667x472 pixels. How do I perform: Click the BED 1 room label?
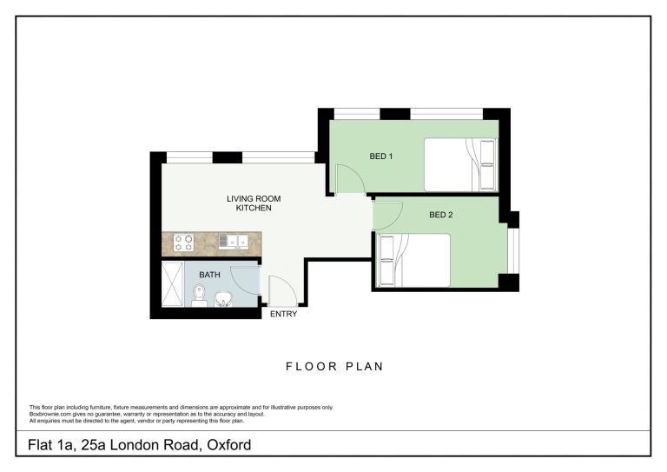pyautogui.click(x=380, y=156)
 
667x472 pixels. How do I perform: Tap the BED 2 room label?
pyautogui.click(x=440, y=215)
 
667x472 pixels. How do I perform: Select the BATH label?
pyautogui.click(x=209, y=275)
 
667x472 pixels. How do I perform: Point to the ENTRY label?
pyautogui.click(x=283, y=314)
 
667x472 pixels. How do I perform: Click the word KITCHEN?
pyautogui.click(x=254, y=208)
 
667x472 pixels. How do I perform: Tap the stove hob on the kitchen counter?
pyautogui.click(x=183, y=243)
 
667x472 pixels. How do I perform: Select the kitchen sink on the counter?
pyautogui.click(x=234, y=242)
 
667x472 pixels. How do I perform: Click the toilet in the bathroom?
pyautogui.click(x=199, y=296)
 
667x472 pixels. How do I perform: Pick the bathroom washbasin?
pyautogui.click(x=223, y=299)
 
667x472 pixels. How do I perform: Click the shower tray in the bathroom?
pyautogui.click(x=173, y=283)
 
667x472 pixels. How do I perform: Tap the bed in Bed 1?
pyautogui.click(x=460, y=164)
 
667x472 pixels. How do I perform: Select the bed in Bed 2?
pyautogui.click(x=414, y=260)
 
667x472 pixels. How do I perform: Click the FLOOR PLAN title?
pyautogui.click(x=334, y=367)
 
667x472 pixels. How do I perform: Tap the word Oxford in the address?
pyautogui.click(x=229, y=445)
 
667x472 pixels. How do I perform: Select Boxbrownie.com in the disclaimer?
pyautogui.click(x=47, y=414)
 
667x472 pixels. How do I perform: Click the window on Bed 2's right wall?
pyautogui.click(x=513, y=250)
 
